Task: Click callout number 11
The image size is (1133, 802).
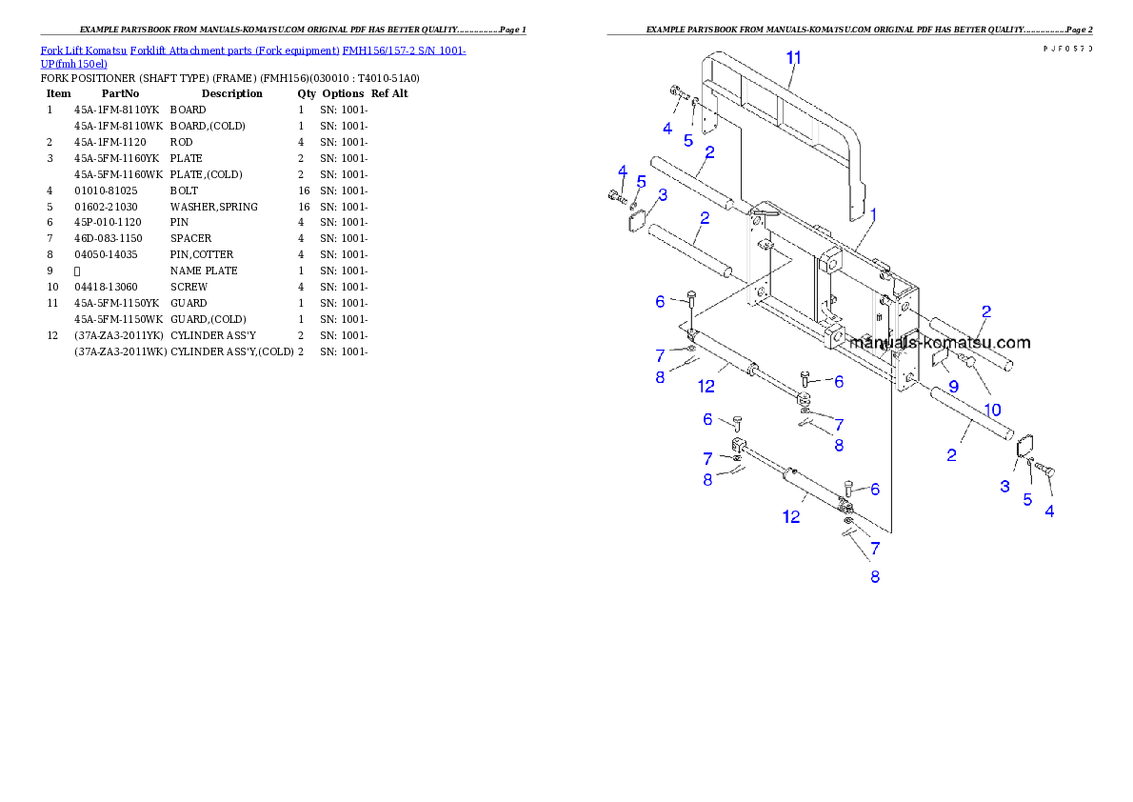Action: [x=793, y=57]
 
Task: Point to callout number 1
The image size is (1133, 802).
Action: [x=873, y=215]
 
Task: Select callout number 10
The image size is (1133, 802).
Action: [x=992, y=410]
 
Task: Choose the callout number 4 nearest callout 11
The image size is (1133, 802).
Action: [x=667, y=128]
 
